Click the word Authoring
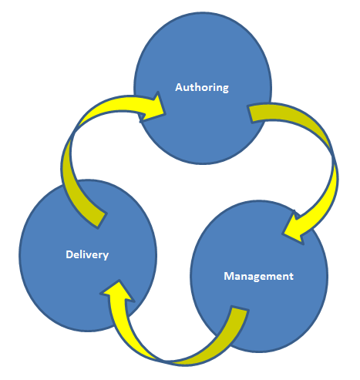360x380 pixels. (x=202, y=87)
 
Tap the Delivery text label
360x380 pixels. (x=87, y=254)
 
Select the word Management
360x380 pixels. (x=258, y=275)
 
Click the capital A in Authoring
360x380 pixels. (x=179, y=87)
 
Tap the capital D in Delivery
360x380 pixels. (x=69, y=254)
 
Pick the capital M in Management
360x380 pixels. (x=228, y=275)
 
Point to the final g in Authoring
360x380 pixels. (x=225, y=89)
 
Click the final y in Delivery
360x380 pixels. (x=106, y=255)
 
